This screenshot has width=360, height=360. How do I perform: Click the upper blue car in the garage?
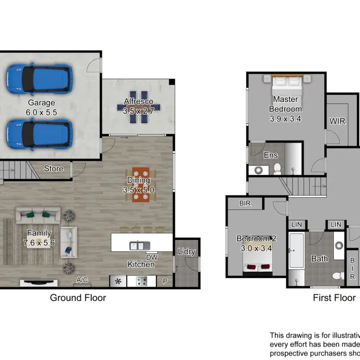(38, 78)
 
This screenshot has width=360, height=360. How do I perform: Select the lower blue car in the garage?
(38, 134)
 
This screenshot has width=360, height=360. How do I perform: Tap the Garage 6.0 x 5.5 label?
(42, 107)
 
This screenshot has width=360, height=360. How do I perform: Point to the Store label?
(54, 168)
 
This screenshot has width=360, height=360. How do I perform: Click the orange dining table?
(140, 184)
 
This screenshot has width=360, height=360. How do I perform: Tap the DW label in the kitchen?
(151, 257)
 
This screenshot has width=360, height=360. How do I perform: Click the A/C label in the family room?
(82, 280)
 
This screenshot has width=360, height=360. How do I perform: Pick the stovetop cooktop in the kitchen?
(142, 281)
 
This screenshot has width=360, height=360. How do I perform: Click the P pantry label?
(165, 281)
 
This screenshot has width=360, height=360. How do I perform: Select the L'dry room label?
(186, 252)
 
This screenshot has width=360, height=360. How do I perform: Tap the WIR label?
(337, 121)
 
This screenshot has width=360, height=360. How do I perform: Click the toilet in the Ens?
(277, 168)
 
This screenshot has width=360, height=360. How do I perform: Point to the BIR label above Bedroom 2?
(244, 203)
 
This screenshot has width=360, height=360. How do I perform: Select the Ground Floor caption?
(78, 297)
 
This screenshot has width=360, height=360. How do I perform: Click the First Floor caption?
(334, 297)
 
